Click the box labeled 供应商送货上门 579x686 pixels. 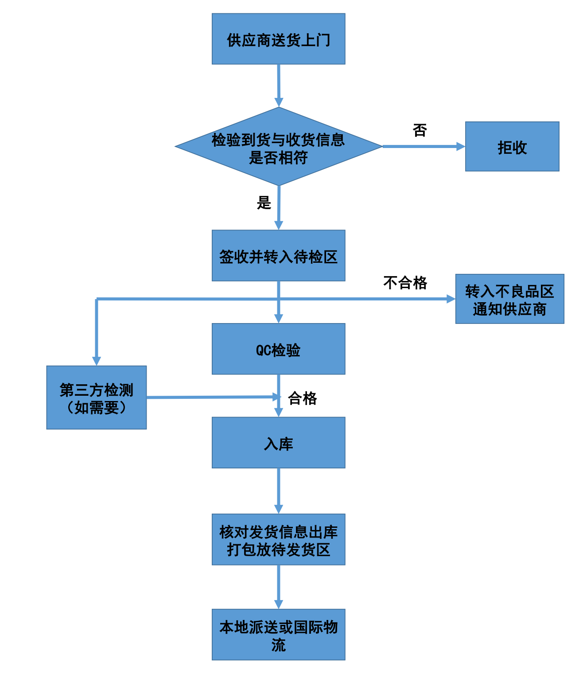(278, 39)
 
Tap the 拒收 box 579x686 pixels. (512, 147)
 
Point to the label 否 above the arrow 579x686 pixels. (420, 130)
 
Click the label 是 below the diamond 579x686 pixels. (264, 203)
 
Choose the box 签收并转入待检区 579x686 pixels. (278, 256)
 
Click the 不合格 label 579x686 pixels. (405, 283)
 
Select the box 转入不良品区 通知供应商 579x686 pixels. (509, 299)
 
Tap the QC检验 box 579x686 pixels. (278, 349)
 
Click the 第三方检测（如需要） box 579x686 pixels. (97, 398)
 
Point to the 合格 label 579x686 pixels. (302, 398)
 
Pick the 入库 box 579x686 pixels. (278, 443)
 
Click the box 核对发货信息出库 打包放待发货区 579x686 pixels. (278, 540)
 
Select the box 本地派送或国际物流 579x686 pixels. (278, 635)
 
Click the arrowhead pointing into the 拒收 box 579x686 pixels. (460, 147)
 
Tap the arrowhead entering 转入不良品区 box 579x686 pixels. (451, 299)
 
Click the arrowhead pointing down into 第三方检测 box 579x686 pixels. (97, 361)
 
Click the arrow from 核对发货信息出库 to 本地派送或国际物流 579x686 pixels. (278, 586)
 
